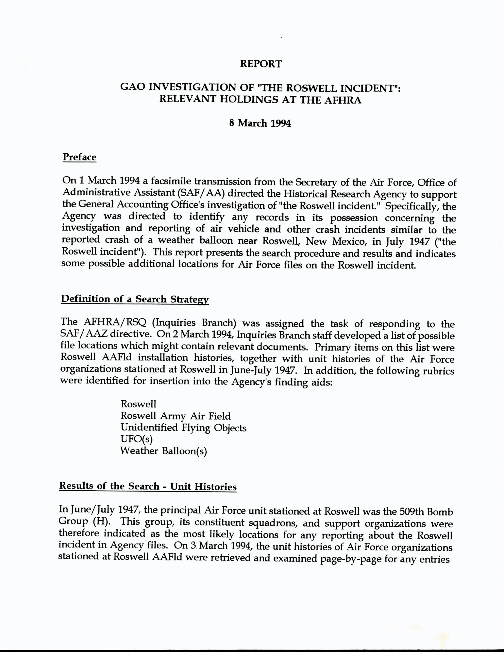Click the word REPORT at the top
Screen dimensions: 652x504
pos(261,64)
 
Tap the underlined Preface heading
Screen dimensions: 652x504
pos(79,157)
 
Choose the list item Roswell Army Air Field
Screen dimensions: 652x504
pos(176,416)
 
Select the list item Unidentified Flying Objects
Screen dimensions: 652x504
pos(183,428)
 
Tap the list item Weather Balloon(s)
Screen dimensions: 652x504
pos(163,451)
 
